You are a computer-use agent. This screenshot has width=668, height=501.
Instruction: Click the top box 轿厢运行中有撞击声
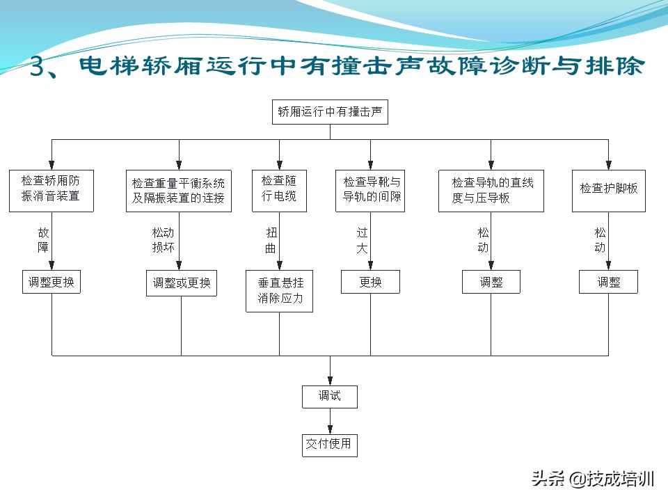(330, 112)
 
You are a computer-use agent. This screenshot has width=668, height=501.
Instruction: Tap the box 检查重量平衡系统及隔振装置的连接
(179, 190)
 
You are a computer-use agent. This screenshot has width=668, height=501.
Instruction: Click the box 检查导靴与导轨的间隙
(371, 190)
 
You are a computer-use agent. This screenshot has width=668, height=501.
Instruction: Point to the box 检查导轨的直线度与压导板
(491, 190)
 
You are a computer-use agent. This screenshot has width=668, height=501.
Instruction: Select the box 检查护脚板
(608, 189)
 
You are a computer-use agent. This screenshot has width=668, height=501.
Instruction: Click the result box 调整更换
(51, 283)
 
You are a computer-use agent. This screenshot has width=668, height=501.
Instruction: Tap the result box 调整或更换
(181, 284)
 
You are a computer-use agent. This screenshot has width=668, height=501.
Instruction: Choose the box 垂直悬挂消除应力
(280, 292)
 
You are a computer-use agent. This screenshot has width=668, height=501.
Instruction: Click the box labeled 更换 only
(370, 283)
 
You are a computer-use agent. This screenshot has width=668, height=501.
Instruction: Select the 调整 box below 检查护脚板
(608, 282)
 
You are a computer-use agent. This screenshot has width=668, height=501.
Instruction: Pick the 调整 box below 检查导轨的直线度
(491, 282)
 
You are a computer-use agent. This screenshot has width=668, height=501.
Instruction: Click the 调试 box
(330, 396)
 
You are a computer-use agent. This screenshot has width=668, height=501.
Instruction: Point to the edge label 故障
(43, 240)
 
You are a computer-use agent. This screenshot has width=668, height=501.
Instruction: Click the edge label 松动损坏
(163, 240)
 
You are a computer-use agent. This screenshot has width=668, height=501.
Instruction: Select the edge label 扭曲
(271, 240)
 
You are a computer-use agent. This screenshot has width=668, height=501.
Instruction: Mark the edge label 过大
(362, 240)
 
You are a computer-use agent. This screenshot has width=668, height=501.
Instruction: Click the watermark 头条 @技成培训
(592, 479)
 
